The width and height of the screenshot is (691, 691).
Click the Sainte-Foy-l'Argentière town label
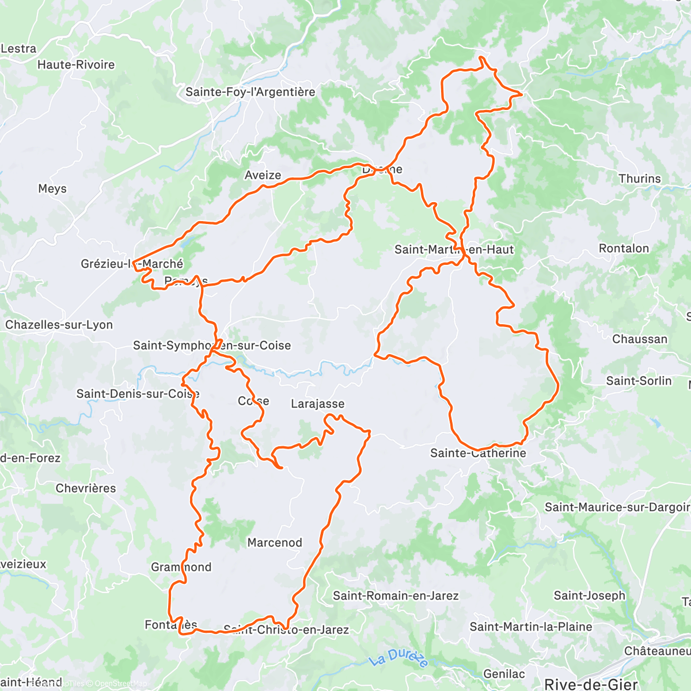pos(250,92)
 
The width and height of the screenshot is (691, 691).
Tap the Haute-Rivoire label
pos(76,64)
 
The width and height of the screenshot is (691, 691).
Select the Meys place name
pos(52,189)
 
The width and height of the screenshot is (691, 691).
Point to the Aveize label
pos(263,175)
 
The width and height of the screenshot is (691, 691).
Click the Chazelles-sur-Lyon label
pos(59,325)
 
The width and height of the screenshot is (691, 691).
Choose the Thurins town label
pos(640,179)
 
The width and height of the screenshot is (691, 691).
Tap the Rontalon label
pos(624,249)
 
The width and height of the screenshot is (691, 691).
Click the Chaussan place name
pos(640,339)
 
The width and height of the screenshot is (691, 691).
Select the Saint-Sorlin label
pos(639,381)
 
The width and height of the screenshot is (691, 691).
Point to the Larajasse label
pos(317,404)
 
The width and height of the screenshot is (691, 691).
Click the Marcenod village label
pos(275,542)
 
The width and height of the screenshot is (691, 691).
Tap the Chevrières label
pos(86,488)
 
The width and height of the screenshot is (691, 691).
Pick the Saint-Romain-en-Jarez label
pos(396,595)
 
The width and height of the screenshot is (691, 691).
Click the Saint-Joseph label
pos(589,595)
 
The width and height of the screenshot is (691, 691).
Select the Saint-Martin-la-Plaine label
pos(530,627)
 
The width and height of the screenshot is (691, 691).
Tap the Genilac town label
pos(504,674)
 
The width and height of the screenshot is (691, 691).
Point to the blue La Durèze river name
pos(399,658)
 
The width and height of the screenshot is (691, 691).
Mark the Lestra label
pos(18,49)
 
